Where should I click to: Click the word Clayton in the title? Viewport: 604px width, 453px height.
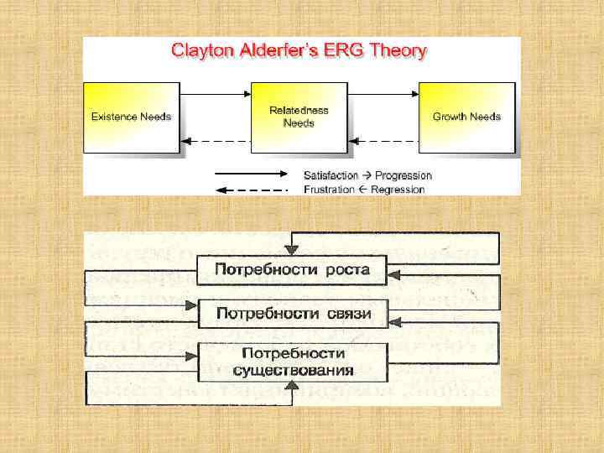point(199,51)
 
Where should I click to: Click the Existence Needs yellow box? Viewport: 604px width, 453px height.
point(132,117)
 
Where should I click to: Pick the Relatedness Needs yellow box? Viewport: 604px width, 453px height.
point(299,117)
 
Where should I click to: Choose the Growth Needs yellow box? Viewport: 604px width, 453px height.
point(466,117)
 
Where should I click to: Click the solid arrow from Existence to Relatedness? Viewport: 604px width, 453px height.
point(216,95)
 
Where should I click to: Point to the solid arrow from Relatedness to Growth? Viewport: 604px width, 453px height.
point(383,95)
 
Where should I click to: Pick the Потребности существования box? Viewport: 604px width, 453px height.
point(293,362)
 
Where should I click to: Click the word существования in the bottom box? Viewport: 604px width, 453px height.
point(293,370)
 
